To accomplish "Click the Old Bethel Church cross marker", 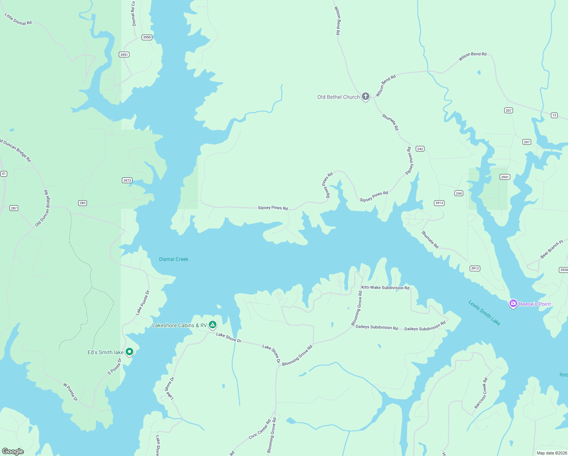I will click(365, 97).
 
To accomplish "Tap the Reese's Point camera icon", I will click(513, 304).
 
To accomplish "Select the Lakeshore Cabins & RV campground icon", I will click(213, 325).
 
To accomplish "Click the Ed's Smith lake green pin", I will click(129, 352).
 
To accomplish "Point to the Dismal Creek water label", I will click(174, 259).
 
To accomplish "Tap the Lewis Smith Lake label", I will click(484, 313).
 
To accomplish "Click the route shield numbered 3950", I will click(147, 37).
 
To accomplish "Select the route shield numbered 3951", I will click(124, 55).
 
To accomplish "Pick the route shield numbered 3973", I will click(127, 180).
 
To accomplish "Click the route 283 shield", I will click(82, 203).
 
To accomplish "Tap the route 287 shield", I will click(14, 208).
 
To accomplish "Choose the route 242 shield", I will click(420, 149).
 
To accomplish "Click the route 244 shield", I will click(459, 193).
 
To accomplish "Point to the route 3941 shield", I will click(505, 177).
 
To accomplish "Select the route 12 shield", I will click(554, 115).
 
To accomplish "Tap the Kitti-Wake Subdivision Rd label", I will click(385, 288).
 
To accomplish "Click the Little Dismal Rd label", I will click(18, 19).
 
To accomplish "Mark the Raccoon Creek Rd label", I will click(481, 393).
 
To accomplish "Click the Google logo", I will click(13, 451).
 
